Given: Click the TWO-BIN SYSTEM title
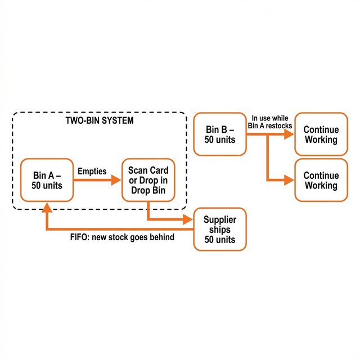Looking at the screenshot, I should click(x=100, y=120).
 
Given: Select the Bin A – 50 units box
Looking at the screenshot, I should click(x=47, y=180).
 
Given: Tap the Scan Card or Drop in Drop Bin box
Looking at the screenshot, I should click(x=148, y=180).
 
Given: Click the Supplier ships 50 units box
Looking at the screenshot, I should click(x=220, y=229).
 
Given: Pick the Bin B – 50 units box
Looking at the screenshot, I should click(x=220, y=134).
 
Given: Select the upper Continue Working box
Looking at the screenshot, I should click(x=321, y=134).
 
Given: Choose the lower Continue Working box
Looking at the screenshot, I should click(x=321, y=180).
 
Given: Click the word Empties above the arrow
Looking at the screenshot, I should click(x=92, y=171).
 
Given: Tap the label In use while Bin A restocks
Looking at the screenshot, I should click(x=271, y=122).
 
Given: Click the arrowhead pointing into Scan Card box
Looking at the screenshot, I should click(x=116, y=180).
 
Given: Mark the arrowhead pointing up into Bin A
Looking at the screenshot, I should click(x=47, y=207).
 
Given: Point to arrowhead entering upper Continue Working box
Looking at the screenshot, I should click(x=289, y=134).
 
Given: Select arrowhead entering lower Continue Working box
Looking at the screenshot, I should click(x=289, y=180).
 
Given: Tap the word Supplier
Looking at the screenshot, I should click(x=220, y=219).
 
